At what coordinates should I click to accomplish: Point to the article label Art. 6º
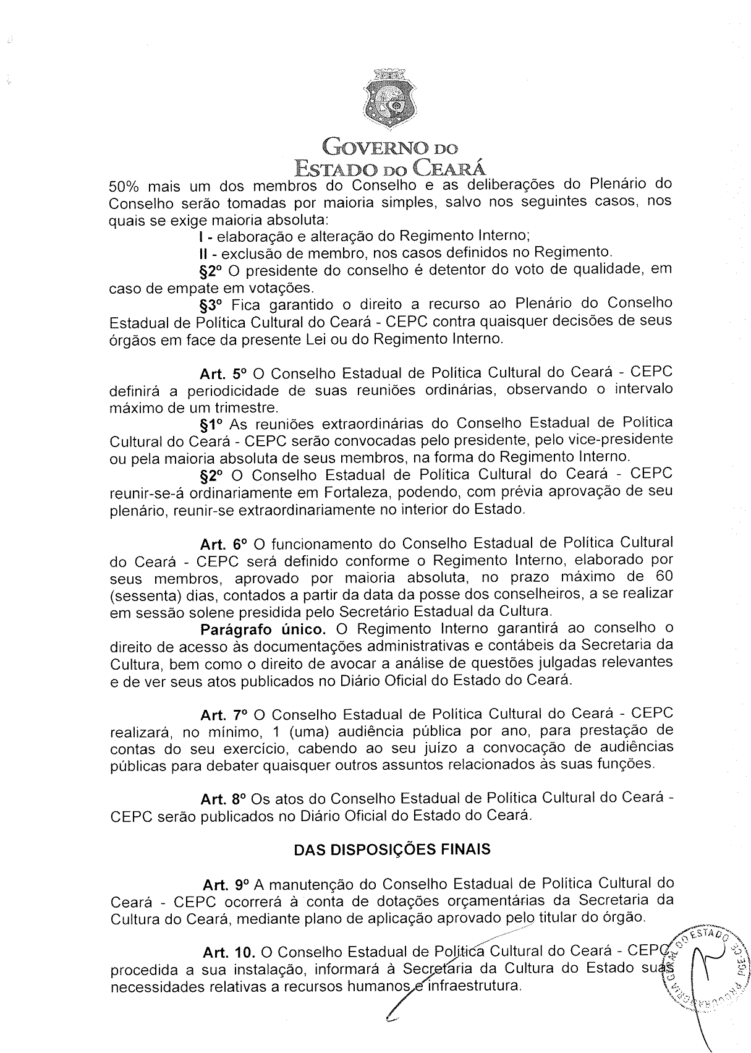click(223, 545)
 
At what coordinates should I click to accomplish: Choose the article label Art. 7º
click(223, 715)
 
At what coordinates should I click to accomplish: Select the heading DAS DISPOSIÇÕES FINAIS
click(392, 849)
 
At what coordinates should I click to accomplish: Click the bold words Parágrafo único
click(263, 630)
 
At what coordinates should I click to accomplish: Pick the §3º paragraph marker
click(211, 305)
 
